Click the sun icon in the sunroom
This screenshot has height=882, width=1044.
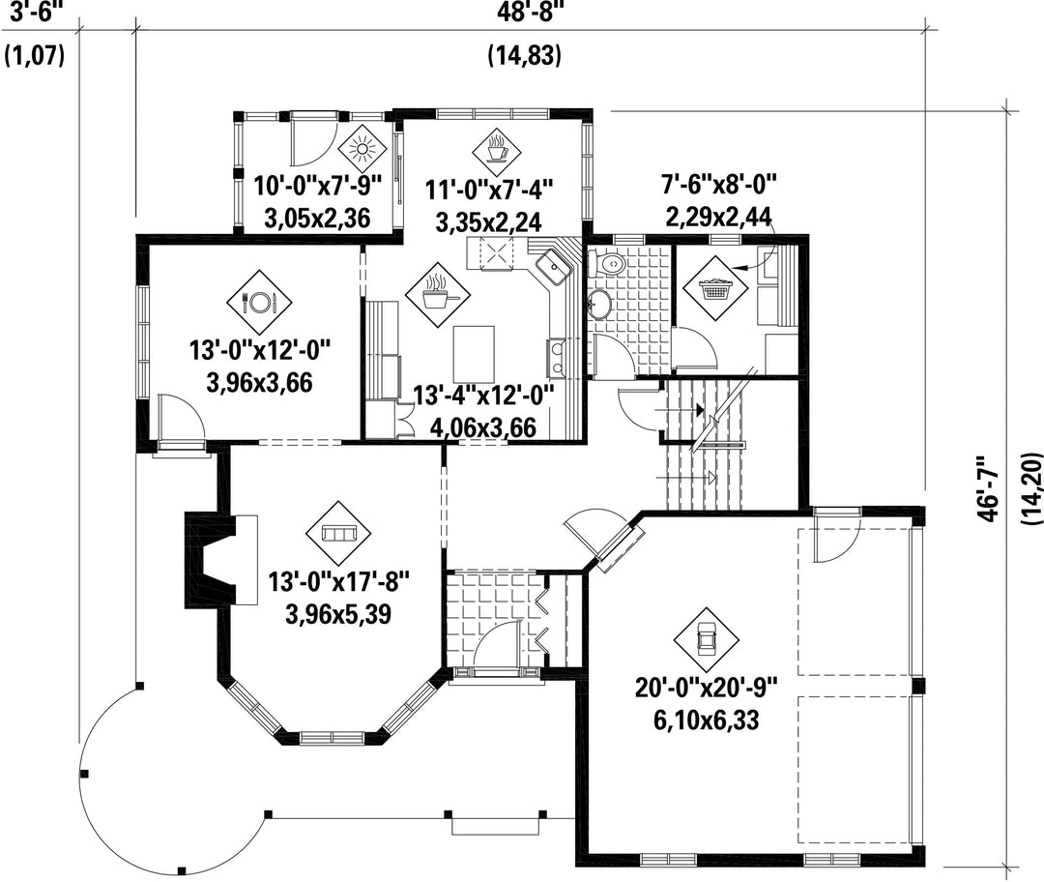coord(362,148)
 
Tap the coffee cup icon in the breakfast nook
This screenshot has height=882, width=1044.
coord(498,150)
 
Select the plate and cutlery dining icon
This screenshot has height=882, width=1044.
coord(259,302)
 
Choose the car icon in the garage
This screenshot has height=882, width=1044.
coord(705,639)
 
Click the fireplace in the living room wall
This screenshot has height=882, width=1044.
coord(220,560)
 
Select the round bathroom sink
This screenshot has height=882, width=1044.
coord(599,305)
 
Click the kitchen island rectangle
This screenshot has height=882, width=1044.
coord(474,352)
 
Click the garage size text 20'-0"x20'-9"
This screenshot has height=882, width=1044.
coord(706,688)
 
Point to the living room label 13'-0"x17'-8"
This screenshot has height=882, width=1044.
coord(338,582)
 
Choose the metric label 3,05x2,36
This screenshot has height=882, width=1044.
coord(318,218)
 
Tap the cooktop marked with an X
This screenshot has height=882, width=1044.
coord(497,253)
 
